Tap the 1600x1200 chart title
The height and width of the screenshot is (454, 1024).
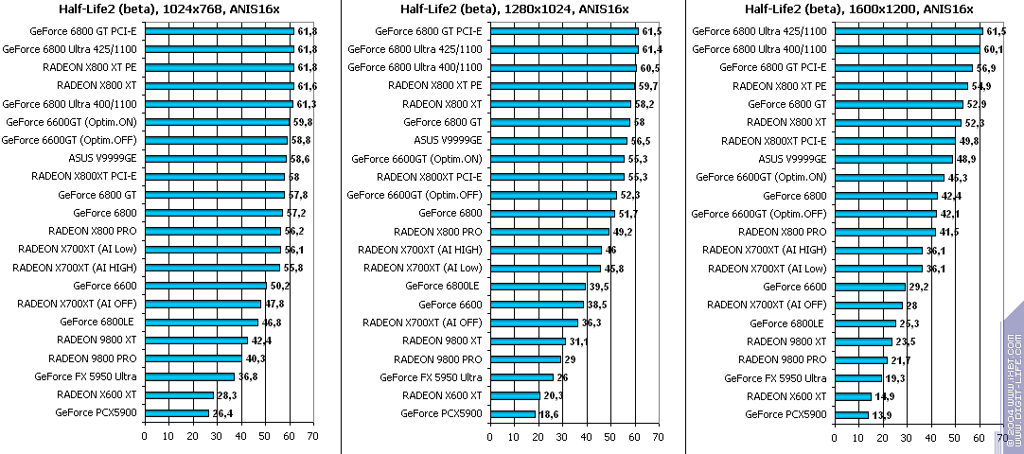858,9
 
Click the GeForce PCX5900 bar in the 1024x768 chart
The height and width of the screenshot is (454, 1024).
177,412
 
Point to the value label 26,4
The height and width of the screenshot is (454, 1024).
221,413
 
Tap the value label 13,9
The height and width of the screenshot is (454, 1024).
881,414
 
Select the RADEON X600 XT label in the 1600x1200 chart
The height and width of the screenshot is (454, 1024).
787,395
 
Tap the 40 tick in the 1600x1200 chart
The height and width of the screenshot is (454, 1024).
932,437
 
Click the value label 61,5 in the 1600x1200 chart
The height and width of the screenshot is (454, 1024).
997,31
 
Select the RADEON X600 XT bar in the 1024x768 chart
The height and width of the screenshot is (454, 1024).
179,394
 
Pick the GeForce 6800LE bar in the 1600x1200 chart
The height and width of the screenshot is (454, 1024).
864,323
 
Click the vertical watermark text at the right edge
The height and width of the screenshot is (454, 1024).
1014,378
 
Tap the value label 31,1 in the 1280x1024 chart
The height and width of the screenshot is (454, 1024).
579,341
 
